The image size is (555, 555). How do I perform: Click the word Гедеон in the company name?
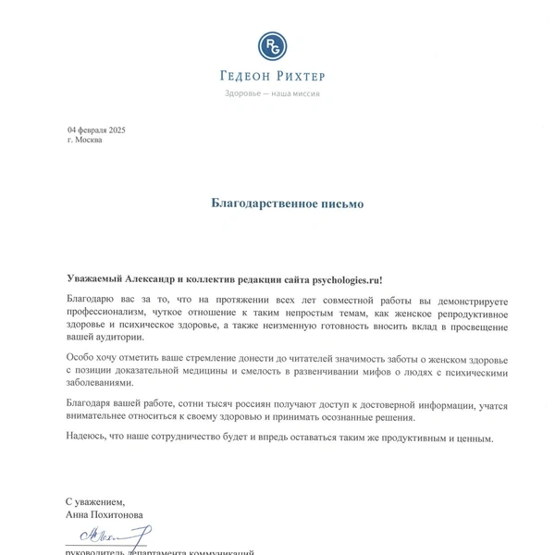point(245,77)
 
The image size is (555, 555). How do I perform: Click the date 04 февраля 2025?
point(96,129)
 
